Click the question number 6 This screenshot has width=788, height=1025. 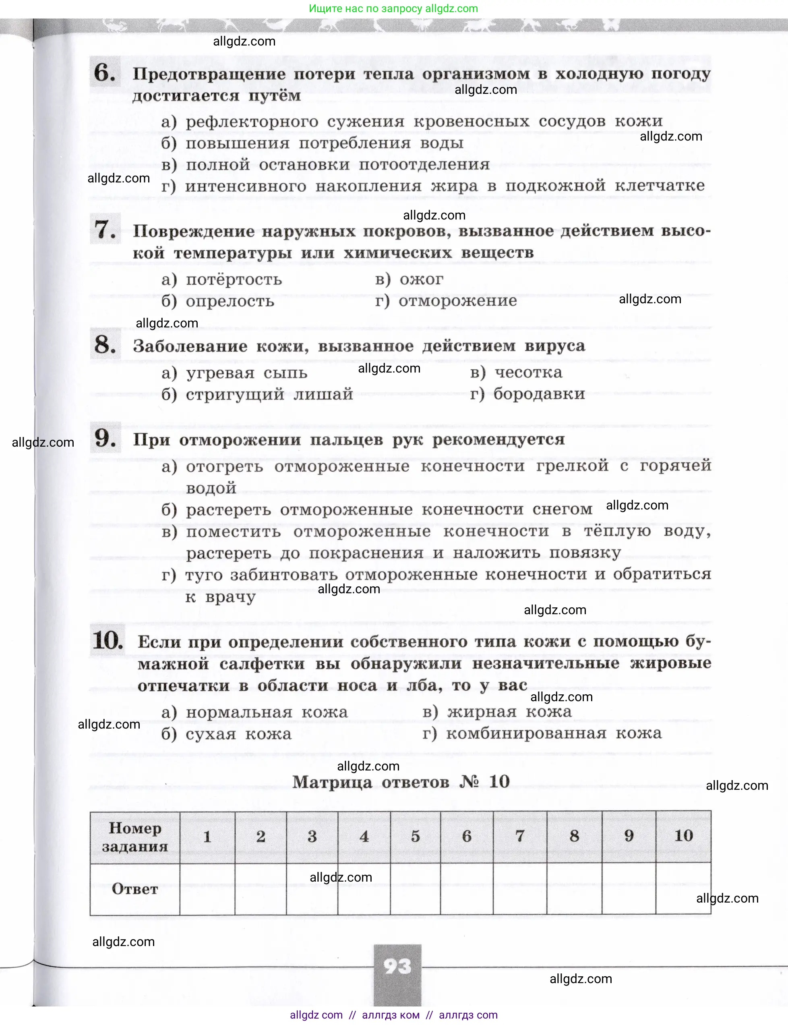(x=104, y=73)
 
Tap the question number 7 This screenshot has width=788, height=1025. (x=105, y=230)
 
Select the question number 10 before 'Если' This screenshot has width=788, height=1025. (x=108, y=641)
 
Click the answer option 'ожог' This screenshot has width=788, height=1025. (x=421, y=279)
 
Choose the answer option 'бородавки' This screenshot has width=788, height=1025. (x=539, y=393)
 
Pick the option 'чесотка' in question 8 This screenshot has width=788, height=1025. (x=528, y=373)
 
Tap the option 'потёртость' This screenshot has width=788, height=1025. (x=234, y=280)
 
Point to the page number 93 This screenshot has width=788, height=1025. (x=397, y=966)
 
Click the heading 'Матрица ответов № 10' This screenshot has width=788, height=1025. (x=401, y=781)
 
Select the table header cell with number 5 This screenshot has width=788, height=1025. (x=415, y=836)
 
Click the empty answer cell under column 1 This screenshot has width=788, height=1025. (x=207, y=888)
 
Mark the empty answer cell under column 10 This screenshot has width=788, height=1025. (x=683, y=888)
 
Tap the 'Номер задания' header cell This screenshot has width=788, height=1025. (x=134, y=837)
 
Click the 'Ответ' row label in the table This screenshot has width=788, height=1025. (x=134, y=888)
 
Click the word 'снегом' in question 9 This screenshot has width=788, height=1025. (x=562, y=509)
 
